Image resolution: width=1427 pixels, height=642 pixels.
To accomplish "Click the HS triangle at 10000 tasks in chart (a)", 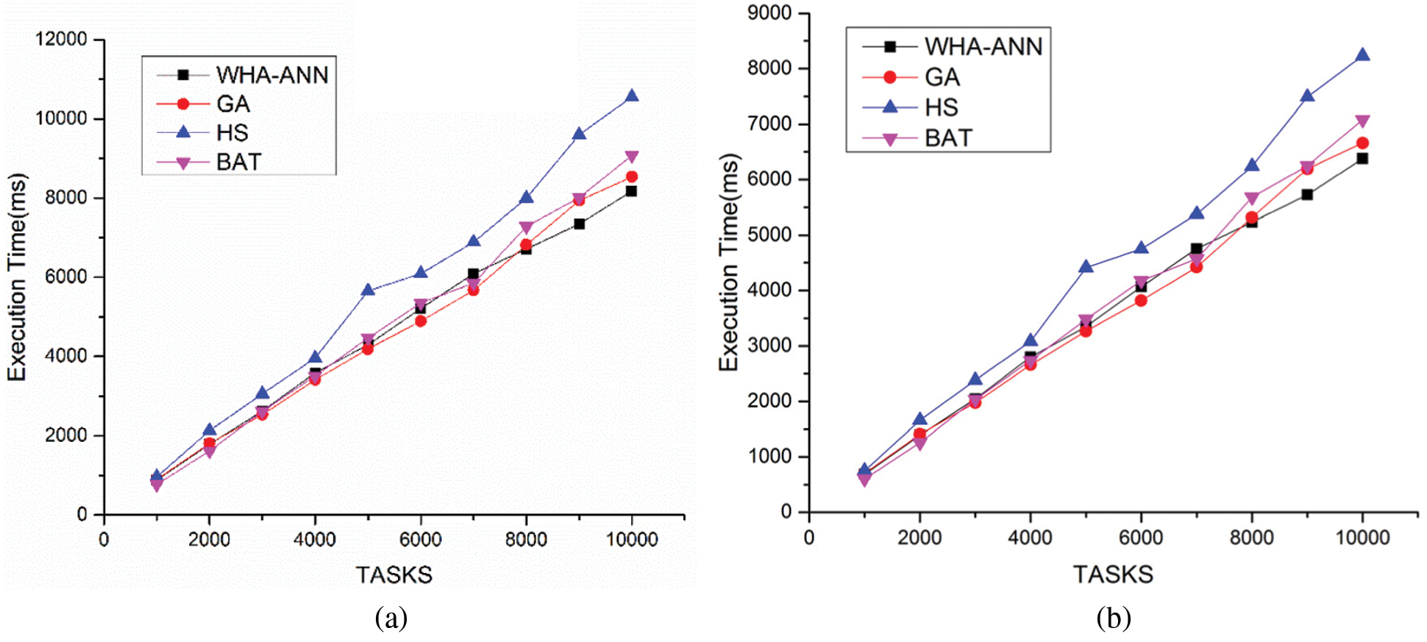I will tap(631, 96).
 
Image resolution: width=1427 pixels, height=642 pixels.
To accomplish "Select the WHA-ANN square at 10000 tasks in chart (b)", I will tap(1362, 158).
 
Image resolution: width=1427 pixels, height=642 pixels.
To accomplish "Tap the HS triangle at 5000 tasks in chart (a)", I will tap(368, 290).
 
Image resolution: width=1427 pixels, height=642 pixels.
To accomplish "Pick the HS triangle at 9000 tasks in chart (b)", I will tap(1307, 96).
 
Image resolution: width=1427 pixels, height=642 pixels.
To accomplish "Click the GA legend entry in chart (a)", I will tap(232, 104).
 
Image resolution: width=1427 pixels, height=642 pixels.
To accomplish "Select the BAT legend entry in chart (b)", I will tap(948, 138).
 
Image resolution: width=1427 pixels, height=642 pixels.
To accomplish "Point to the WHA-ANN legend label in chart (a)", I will tap(271, 74).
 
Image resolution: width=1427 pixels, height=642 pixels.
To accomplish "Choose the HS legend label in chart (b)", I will tap(941, 107).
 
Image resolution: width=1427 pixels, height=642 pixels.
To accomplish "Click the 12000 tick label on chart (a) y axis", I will tap(61, 39).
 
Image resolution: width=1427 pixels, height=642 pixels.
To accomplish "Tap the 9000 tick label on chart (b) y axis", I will tap(769, 13).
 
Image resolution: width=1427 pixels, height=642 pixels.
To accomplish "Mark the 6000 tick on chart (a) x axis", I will tap(420, 539).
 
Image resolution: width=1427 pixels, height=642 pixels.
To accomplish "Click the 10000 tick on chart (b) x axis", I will tap(1362, 537).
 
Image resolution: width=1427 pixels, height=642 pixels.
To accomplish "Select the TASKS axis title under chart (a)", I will tap(394, 574).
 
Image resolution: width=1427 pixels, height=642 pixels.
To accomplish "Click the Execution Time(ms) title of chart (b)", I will tap(728, 262).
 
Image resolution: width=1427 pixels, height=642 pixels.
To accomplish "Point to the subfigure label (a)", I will tap(391, 618).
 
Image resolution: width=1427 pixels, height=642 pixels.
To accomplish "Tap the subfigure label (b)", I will tap(1113, 618).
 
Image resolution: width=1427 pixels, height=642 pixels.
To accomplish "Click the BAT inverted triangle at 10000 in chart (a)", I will tap(631, 157).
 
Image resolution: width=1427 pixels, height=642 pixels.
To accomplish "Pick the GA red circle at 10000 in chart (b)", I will tap(1362, 143).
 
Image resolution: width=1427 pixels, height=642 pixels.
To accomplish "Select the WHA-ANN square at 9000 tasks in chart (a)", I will tap(579, 224).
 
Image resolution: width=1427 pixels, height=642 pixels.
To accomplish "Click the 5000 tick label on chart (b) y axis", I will tap(769, 235).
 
